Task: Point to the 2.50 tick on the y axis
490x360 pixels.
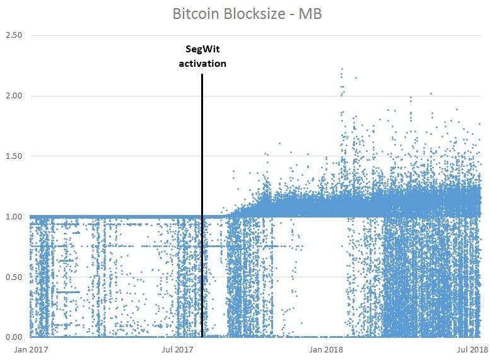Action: (13, 35)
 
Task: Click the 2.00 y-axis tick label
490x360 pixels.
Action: (13, 96)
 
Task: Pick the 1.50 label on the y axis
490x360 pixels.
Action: (13, 156)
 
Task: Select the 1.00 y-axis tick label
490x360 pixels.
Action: (13, 217)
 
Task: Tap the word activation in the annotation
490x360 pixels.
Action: (202, 63)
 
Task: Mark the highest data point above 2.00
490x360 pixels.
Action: (342, 69)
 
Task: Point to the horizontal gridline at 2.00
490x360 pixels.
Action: (126, 96)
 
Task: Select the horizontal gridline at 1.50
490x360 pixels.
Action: (126, 156)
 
